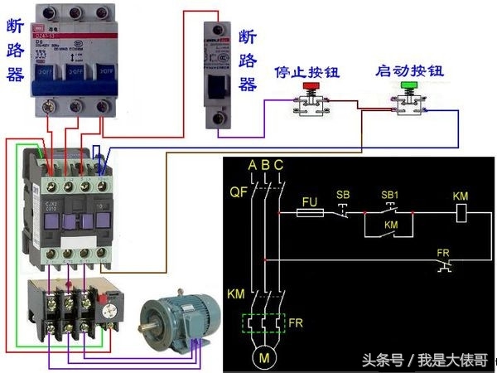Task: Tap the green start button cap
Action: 408,85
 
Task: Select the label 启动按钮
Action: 409,70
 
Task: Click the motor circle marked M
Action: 265,358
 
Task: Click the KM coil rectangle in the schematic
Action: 465,213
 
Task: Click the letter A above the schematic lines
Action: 252,166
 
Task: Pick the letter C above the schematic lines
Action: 278,166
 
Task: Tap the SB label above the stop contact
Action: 343,195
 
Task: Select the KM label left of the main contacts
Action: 236,294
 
